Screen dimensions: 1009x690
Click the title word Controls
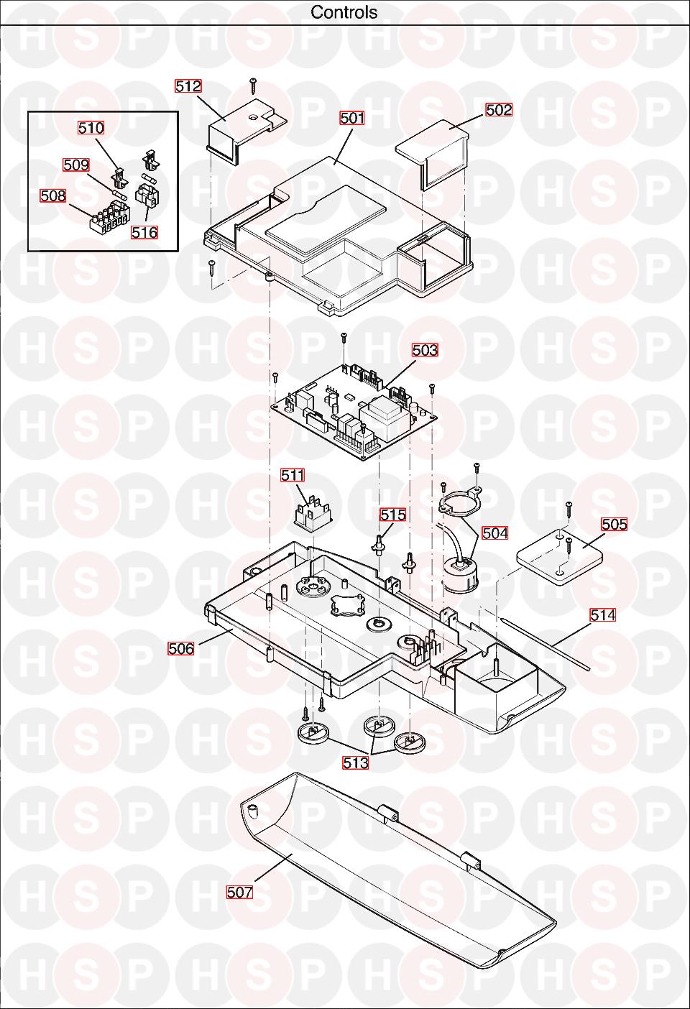(344, 12)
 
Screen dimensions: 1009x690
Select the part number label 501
(352, 118)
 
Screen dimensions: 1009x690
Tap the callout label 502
(499, 110)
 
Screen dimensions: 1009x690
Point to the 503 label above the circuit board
(425, 350)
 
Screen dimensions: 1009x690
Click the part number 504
(494, 533)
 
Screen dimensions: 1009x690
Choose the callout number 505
(614, 525)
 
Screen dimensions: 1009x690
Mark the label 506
(181, 648)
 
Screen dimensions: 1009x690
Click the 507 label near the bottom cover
(239, 892)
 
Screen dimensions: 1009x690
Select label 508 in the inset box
(53, 195)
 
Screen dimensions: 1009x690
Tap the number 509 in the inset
(76, 165)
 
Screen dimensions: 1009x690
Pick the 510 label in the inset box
(91, 128)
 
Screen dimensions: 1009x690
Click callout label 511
(293, 475)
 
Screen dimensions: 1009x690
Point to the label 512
(188, 86)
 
